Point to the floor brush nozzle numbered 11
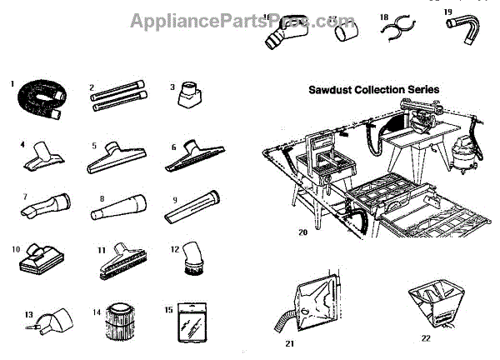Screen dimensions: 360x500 (122, 262)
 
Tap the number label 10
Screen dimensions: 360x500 (17, 248)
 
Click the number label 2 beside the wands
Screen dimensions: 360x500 (93, 86)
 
